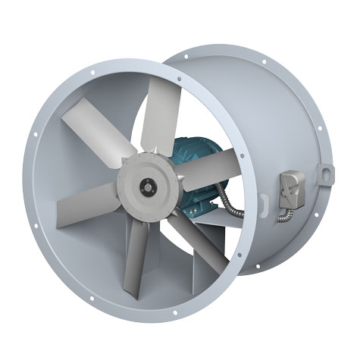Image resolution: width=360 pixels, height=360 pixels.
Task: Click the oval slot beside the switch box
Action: click(263, 203)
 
